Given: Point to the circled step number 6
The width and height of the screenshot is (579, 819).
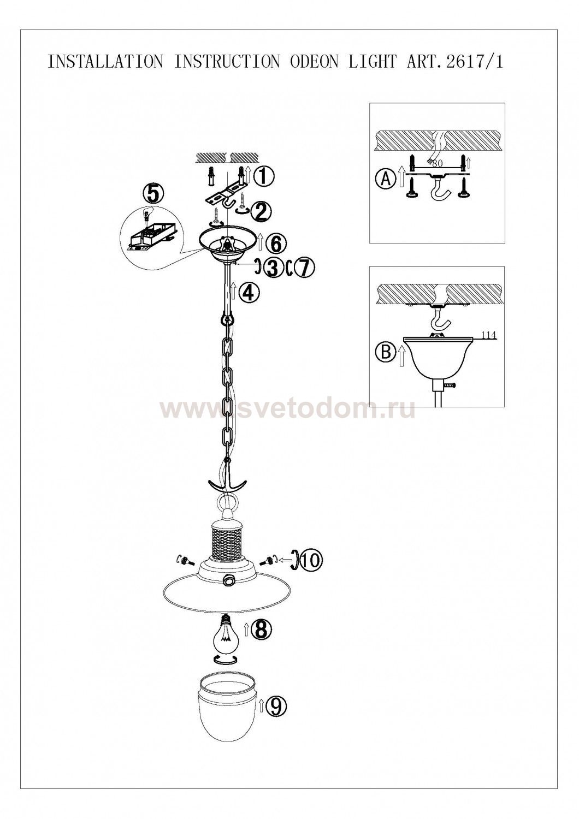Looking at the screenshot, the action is click(275, 244).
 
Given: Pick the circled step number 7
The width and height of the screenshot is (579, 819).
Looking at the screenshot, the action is click(303, 268).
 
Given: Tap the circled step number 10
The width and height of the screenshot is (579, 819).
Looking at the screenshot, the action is click(311, 569).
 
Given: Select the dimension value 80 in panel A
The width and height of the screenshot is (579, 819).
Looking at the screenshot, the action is click(437, 164).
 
